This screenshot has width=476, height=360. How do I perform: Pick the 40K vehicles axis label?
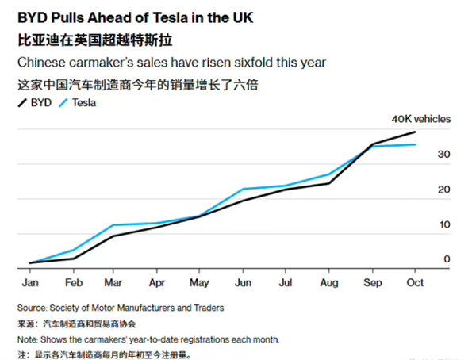[x=420, y=119]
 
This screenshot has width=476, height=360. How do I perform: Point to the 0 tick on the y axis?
[x=447, y=259]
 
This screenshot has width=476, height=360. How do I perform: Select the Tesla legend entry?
[x=86, y=102]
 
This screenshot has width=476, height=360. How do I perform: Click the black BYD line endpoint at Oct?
[x=415, y=132]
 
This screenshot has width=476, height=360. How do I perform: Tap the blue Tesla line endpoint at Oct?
[x=415, y=144]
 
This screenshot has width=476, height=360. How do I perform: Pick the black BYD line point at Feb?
[x=74, y=258]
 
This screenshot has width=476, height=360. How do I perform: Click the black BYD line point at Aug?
[x=328, y=183]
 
